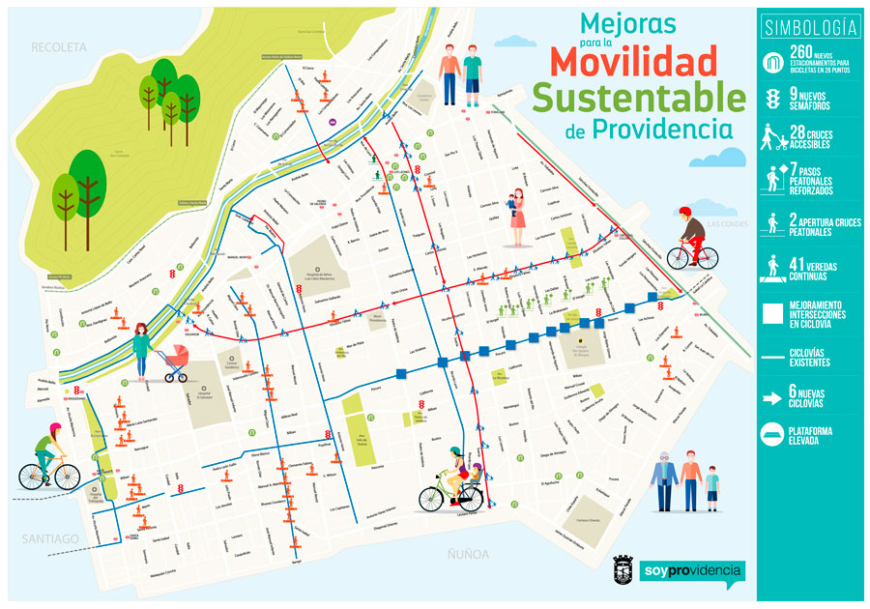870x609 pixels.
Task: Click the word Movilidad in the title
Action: pos(634,61)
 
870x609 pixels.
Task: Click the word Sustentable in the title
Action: pos(638,97)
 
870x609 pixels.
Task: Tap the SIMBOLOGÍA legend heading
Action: pos(810,26)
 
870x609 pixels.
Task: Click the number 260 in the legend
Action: pos(802,52)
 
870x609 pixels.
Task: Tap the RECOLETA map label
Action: pos(58,46)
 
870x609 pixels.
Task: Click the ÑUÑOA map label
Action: pos(468,554)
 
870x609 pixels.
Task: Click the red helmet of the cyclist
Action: pos(685,211)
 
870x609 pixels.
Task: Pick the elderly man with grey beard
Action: pos(663,478)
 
